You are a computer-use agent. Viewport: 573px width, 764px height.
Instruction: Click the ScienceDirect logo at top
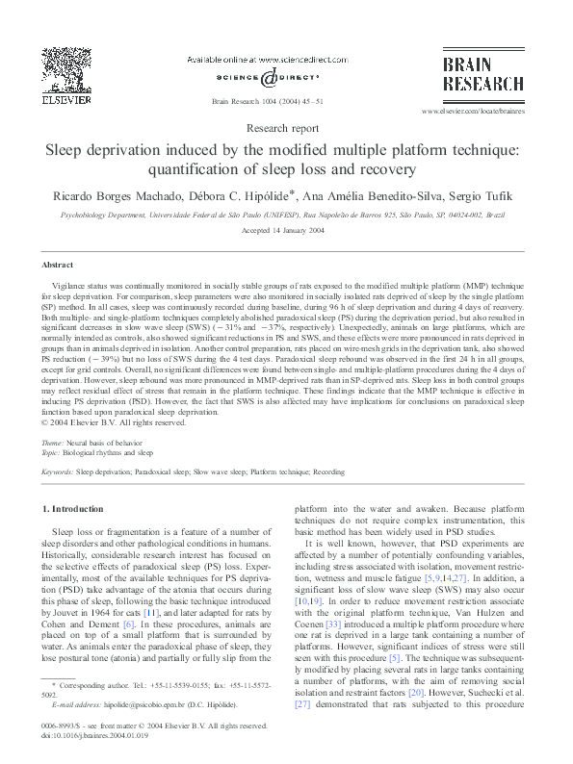pos(269,77)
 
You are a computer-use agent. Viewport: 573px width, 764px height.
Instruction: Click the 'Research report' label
pos(285,127)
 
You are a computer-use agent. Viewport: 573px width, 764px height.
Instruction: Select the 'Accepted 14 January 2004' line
pos(286,233)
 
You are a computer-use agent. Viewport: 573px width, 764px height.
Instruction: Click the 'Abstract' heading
pos(56,264)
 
